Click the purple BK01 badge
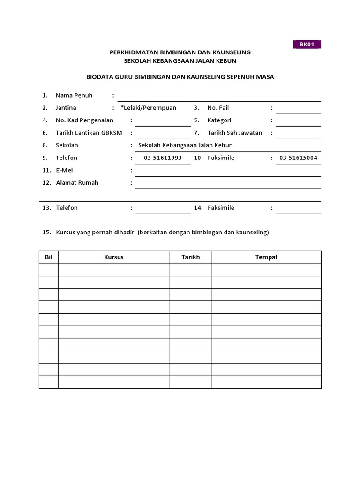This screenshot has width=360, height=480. (307, 45)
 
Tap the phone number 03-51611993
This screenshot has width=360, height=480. (163, 158)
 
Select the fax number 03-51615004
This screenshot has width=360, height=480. (298, 158)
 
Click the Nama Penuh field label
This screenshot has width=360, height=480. (74, 95)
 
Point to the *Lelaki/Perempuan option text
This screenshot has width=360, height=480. (149, 108)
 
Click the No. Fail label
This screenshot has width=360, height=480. (218, 108)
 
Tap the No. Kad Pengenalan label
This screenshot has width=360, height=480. (84, 120)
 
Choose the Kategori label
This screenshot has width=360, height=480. (219, 120)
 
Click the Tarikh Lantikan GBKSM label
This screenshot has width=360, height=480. (89, 133)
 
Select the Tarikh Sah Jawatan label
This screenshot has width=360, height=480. (235, 133)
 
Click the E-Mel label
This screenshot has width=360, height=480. (64, 170)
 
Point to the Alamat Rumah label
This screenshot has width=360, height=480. (77, 183)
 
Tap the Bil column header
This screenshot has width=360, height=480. (48, 257)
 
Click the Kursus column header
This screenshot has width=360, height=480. (113, 257)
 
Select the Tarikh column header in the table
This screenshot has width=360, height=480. (191, 257)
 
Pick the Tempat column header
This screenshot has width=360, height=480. (266, 257)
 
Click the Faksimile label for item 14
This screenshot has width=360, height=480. (221, 208)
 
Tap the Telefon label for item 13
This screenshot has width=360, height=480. (67, 208)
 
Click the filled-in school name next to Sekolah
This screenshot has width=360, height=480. (185, 145)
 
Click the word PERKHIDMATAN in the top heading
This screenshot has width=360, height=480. (136, 52)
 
